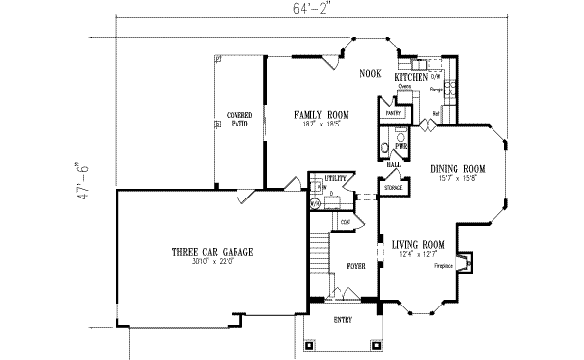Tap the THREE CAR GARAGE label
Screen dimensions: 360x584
(x=212, y=252)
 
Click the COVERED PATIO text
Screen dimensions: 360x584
(x=239, y=120)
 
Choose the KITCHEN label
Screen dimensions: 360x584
(x=413, y=76)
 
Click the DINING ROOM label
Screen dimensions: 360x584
(x=457, y=168)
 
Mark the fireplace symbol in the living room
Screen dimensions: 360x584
(x=465, y=261)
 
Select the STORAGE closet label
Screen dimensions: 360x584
(x=392, y=187)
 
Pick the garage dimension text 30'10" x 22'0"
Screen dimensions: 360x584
(x=212, y=263)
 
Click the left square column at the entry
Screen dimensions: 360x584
(x=310, y=343)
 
